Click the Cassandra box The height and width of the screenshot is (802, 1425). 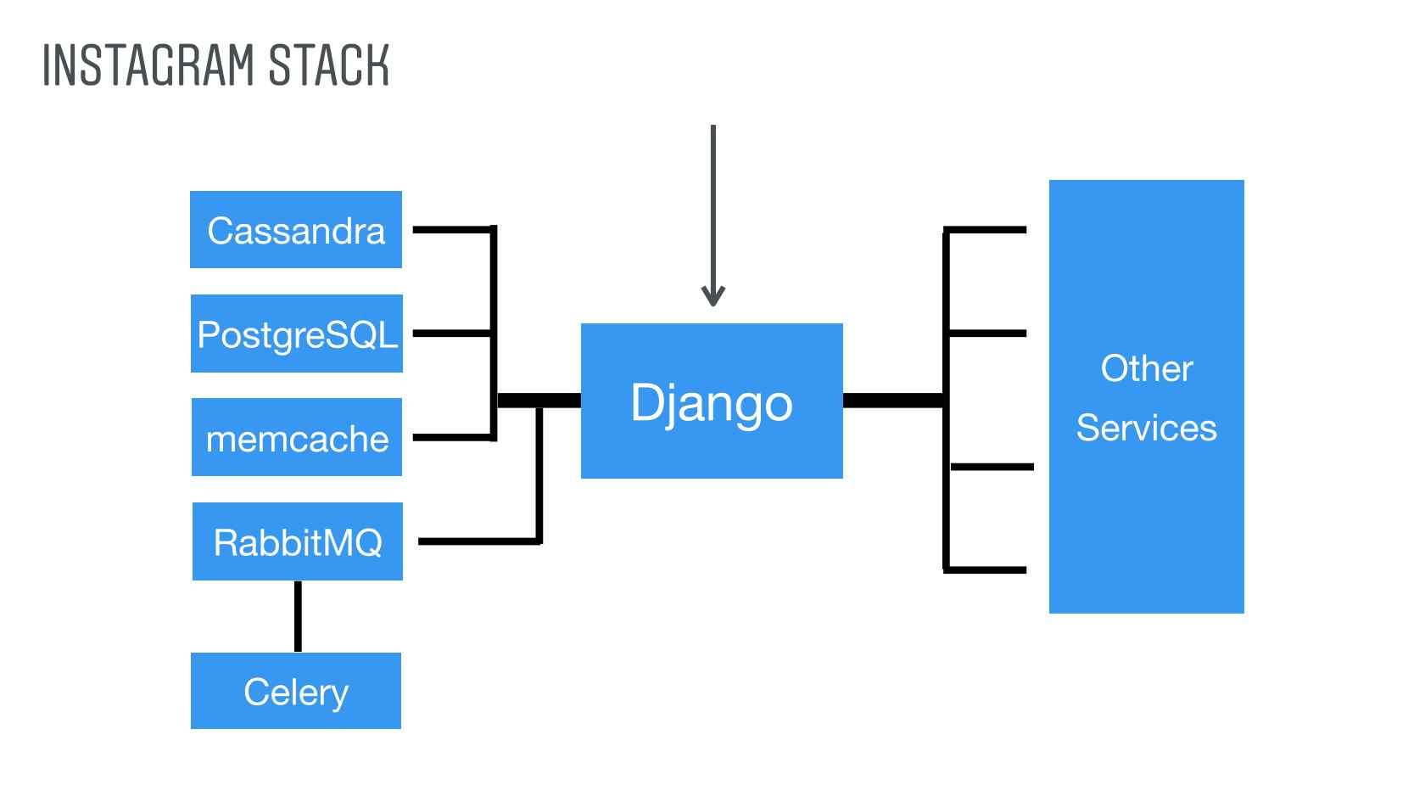point(296,229)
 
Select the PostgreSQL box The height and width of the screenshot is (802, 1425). point(297,334)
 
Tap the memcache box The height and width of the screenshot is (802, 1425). point(297,437)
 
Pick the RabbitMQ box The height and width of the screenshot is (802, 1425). point(298,541)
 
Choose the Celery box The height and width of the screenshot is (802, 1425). point(296,691)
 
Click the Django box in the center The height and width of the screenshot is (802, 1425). point(712,401)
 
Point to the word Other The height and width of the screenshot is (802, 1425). point(1147,368)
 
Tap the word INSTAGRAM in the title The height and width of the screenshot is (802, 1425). point(148,64)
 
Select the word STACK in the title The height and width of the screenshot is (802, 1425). point(329,64)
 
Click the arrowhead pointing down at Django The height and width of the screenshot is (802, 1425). point(713,296)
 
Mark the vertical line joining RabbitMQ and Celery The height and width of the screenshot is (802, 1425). point(298,617)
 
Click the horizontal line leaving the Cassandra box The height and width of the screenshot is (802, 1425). point(453,229)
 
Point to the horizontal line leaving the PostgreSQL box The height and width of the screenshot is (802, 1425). point(451,334)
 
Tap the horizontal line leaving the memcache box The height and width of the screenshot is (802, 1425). point(453,437)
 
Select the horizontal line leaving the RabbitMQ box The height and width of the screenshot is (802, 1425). point(479,541)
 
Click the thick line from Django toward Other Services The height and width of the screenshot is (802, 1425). point(894,401)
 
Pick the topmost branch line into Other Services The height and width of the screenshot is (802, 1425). point(986,230)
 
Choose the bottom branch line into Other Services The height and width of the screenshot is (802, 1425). point(986,570)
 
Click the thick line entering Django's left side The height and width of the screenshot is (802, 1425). point(539,401)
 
